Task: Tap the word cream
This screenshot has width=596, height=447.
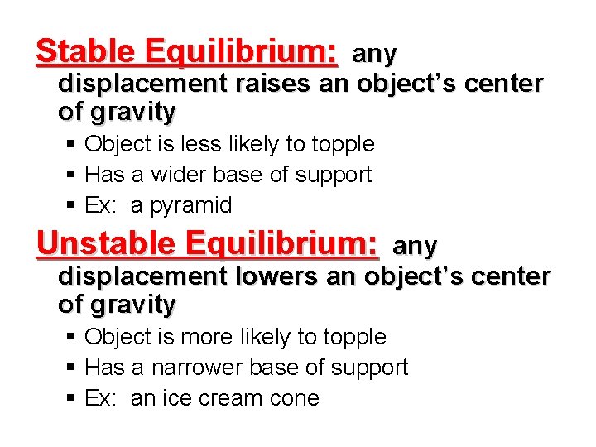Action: point(228,398)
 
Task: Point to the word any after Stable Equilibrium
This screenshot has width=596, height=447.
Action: point(375,55)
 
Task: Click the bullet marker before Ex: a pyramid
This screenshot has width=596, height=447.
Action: point(72,205)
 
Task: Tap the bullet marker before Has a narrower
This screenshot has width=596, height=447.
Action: point(72,368)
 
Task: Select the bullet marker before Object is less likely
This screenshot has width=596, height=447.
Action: point(72,144)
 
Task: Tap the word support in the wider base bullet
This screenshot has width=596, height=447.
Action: point(339,175)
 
